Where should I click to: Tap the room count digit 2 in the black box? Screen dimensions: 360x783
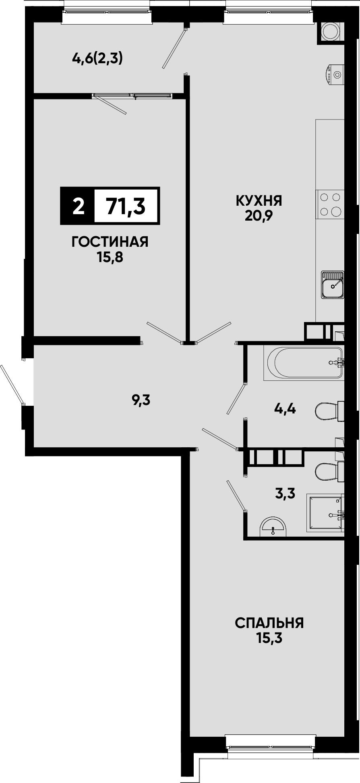pos(79,207)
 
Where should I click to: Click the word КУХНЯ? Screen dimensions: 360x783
pos(259,200)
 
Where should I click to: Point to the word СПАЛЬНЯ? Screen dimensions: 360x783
pos(269,623)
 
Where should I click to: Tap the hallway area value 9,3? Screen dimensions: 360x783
pos(141,401)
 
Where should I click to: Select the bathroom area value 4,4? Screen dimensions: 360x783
pos(285,409)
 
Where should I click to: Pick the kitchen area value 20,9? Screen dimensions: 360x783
pos(259,216)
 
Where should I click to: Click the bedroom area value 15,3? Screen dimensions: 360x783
pos(269,638)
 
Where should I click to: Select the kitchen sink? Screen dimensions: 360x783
pos(333,285)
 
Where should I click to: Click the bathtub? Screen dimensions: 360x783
pos(304,362)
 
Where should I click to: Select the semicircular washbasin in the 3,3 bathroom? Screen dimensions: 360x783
pos(273,527)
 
